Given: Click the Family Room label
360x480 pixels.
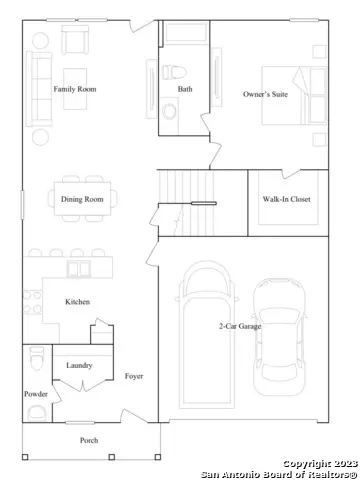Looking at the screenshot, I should click(74, 89).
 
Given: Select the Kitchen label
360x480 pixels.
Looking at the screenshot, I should click(79, 301).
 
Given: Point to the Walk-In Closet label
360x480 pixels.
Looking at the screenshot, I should click(286, 199).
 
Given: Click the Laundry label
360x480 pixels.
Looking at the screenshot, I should click(80, 366).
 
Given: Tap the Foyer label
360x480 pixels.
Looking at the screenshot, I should click(134, 376).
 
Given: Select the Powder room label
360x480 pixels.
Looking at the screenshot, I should click(35, 394).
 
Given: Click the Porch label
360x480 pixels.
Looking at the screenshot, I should click(90, 440).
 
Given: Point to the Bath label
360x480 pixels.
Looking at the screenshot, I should click(185, 89).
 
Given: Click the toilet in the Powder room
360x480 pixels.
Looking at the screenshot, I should click(36, 358).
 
